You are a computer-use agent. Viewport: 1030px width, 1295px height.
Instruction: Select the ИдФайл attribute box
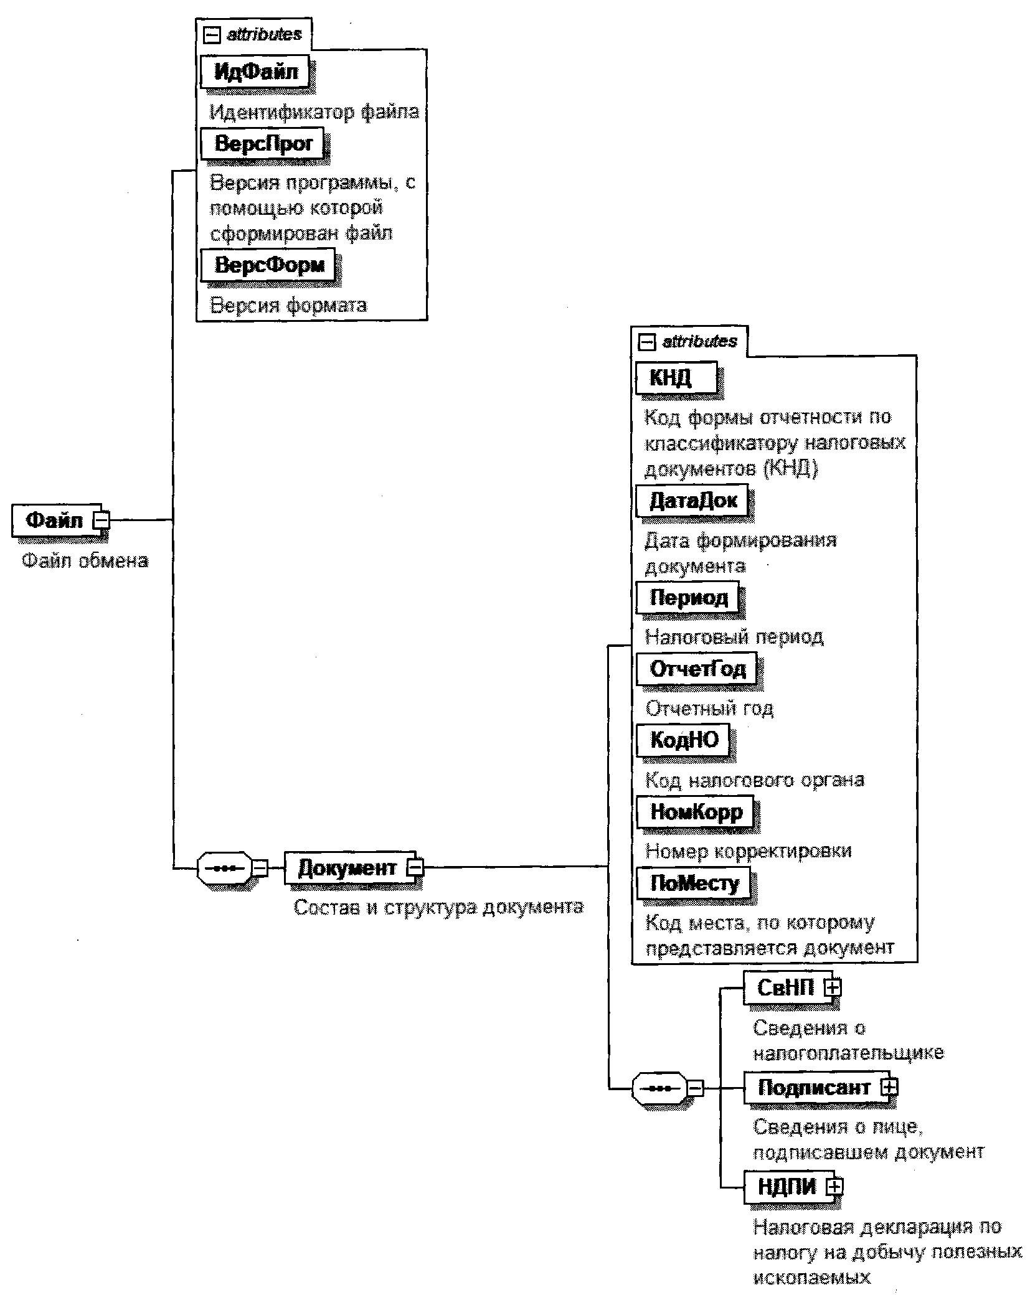click(x=255, y=72)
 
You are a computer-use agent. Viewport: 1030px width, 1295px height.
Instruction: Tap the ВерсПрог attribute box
click(x=263, y=144)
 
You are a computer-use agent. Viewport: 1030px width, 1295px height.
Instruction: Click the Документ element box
click(x=347, y=867)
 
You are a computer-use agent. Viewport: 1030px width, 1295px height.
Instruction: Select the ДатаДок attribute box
click(x=692, y=501)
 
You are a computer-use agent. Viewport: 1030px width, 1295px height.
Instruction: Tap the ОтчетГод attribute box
click(x=697, y=669)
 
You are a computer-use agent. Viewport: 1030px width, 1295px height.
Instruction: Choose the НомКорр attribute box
click(x=696, y=812)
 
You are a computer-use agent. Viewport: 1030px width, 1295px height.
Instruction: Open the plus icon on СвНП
click(x=833, y=987)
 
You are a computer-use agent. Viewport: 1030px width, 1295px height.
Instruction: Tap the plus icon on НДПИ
click(x=834, y=1187)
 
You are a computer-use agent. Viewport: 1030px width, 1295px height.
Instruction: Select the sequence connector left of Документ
click(x=224, y=867)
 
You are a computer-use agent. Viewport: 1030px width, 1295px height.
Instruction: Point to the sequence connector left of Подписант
click(x=659, y=1088)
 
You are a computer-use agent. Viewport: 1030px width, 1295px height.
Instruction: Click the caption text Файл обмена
click(x=85, y=560)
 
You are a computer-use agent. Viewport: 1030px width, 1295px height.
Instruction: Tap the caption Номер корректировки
click(x=748, y=850)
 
